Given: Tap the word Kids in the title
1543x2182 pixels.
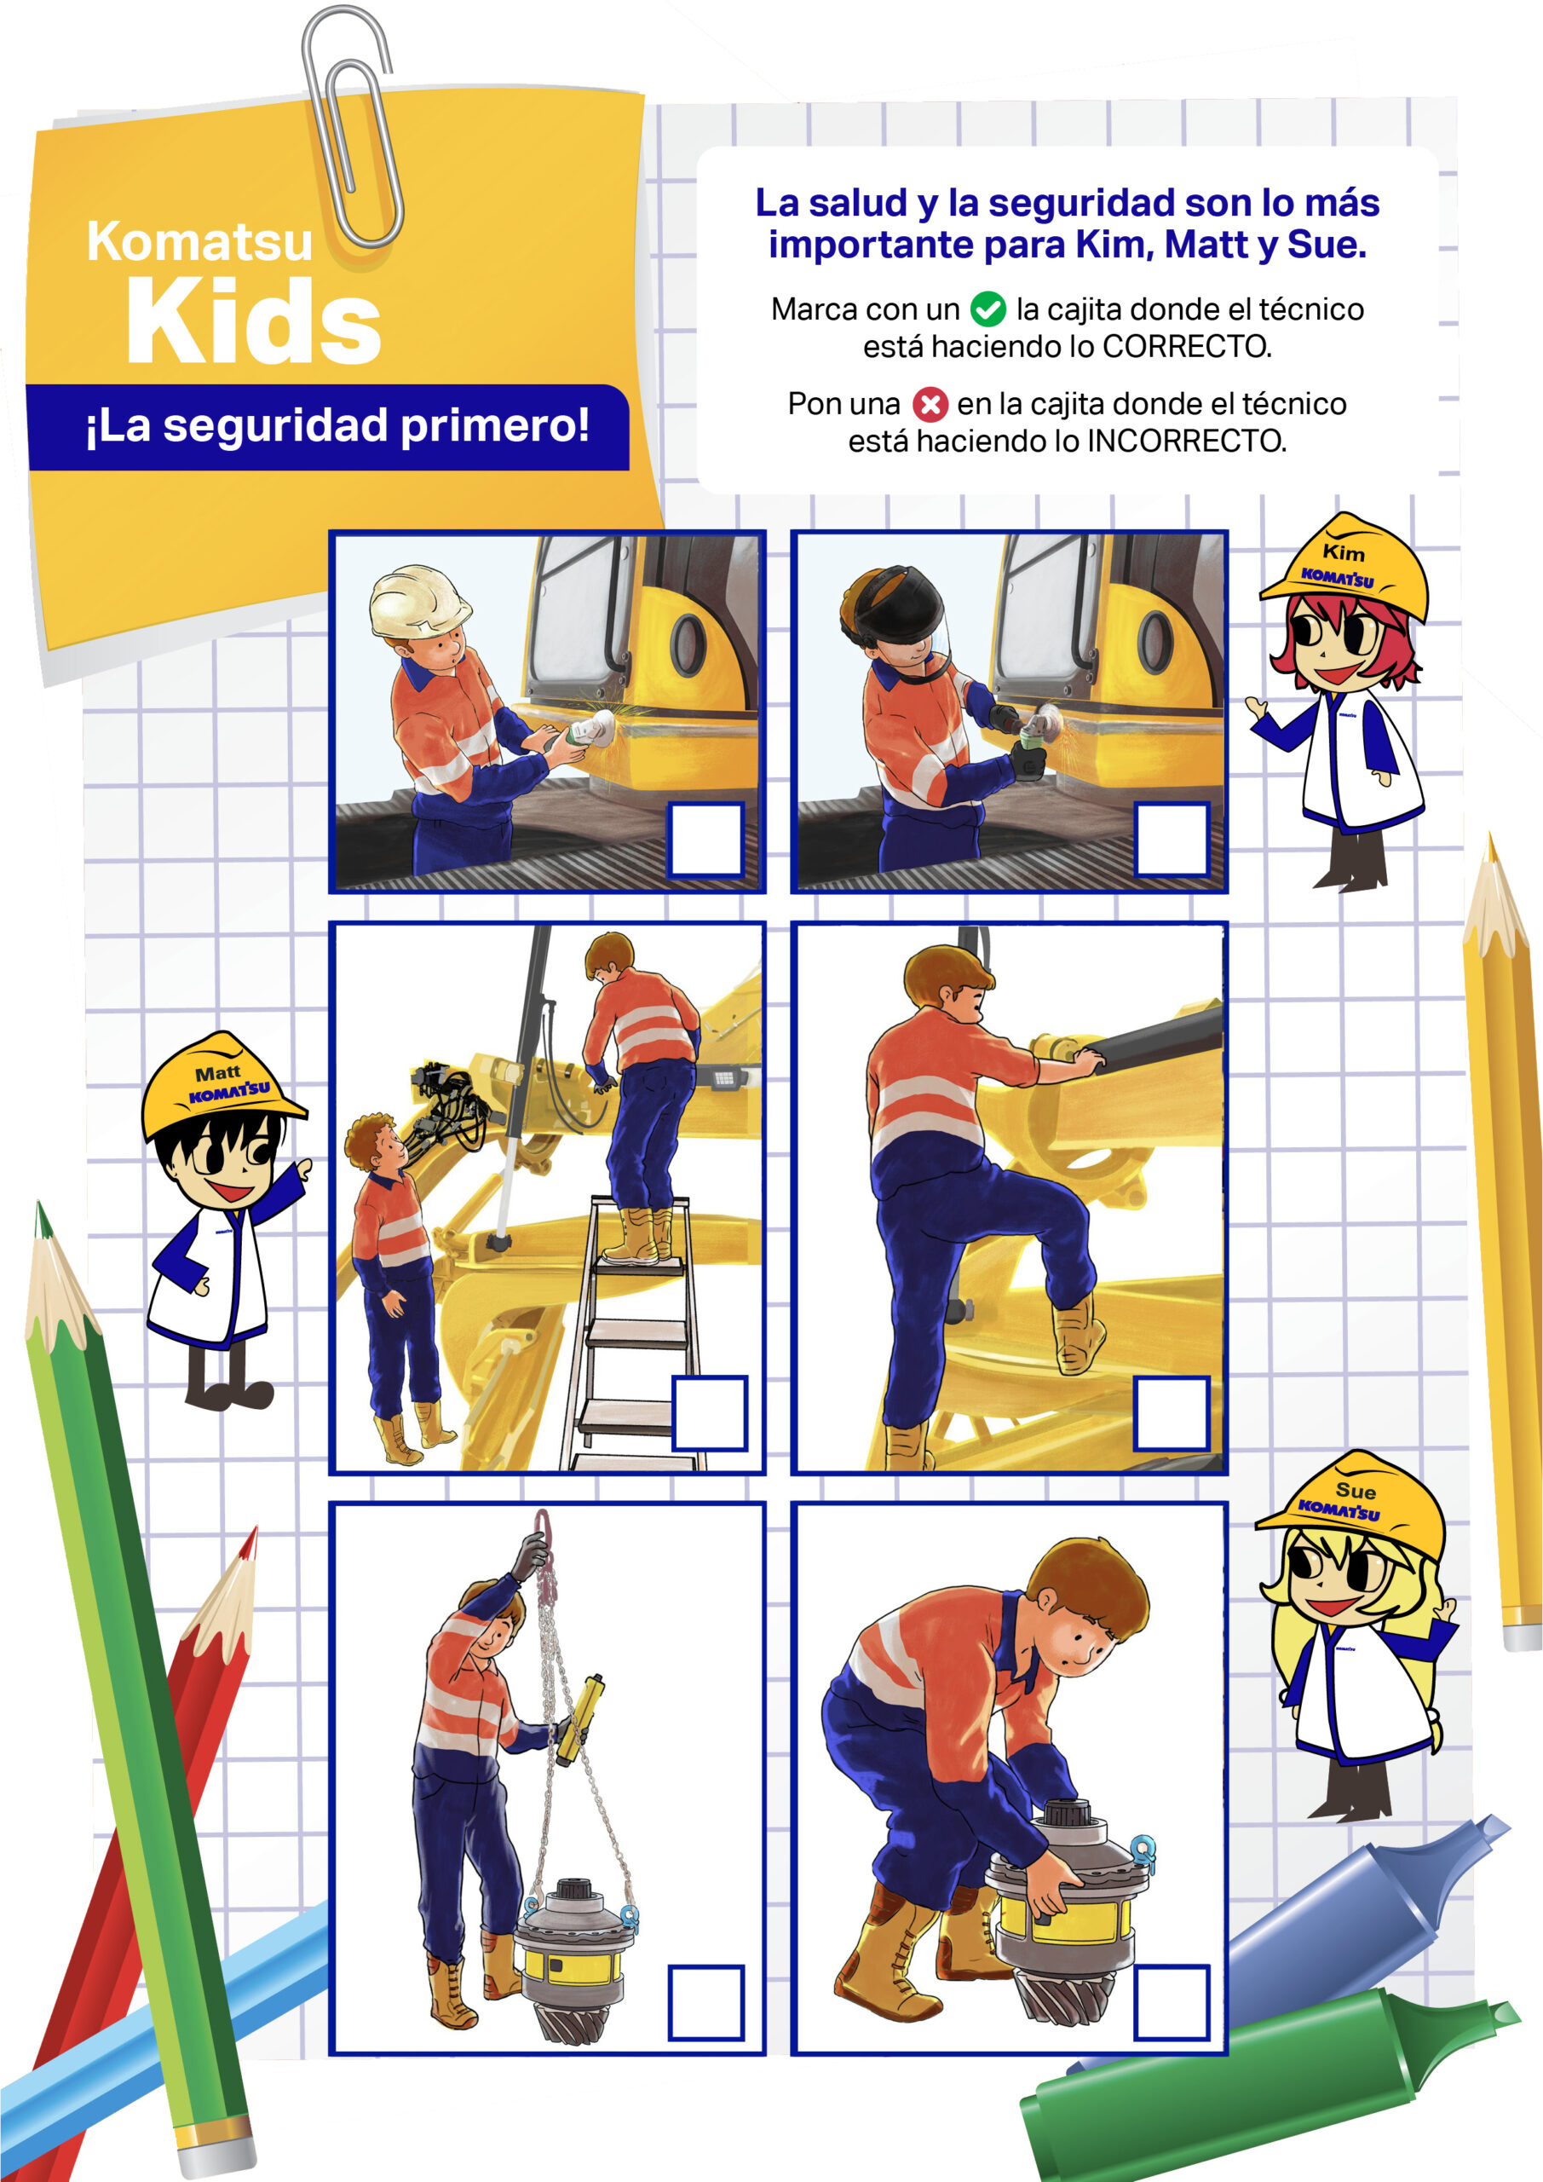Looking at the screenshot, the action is pos(254,321).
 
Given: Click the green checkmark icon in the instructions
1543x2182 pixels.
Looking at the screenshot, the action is pos(988,309).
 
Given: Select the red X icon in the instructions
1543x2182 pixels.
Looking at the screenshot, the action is pos(930,404).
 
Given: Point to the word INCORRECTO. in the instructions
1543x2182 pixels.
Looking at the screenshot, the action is pos(1187,441).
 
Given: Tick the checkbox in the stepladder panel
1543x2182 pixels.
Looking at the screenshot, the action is pos(709,1412).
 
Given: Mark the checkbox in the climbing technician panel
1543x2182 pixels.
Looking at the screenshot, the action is pos(1172,1412).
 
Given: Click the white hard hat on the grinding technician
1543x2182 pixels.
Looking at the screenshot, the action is pos(418,601).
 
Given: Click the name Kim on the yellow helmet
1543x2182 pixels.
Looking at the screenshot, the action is pos(1343,552).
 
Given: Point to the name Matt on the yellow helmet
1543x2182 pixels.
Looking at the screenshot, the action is pos(217,1073).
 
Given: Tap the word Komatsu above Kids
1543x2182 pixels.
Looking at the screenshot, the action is pos(199,240).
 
